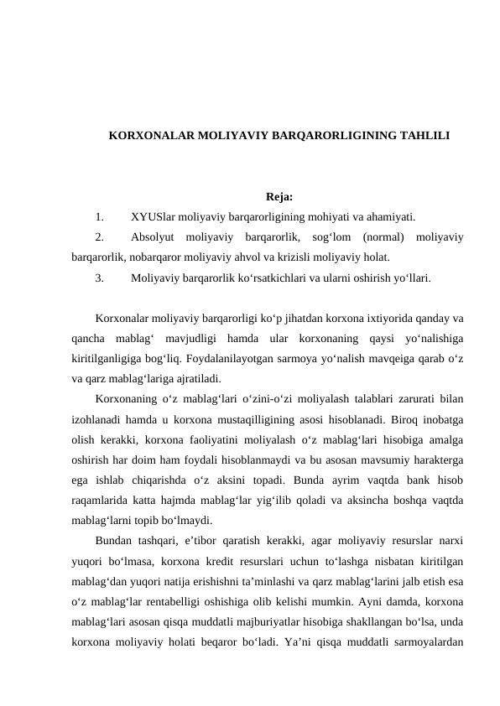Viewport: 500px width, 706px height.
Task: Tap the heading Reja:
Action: pyautogui.click(x=256, y=198)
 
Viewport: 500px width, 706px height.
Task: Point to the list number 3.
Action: pyautogui.click(x=100, y=275)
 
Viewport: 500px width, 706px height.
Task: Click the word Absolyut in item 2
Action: pyautogui.click(x=154, y=239)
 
